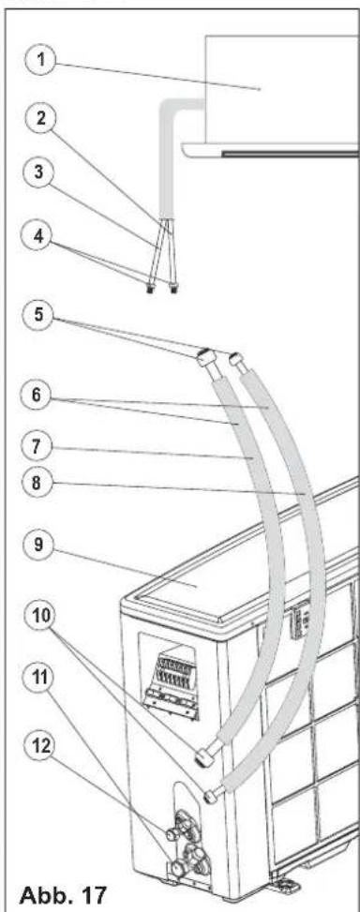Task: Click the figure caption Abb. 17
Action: [59, 892]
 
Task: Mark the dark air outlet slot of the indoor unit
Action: [289, 154]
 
